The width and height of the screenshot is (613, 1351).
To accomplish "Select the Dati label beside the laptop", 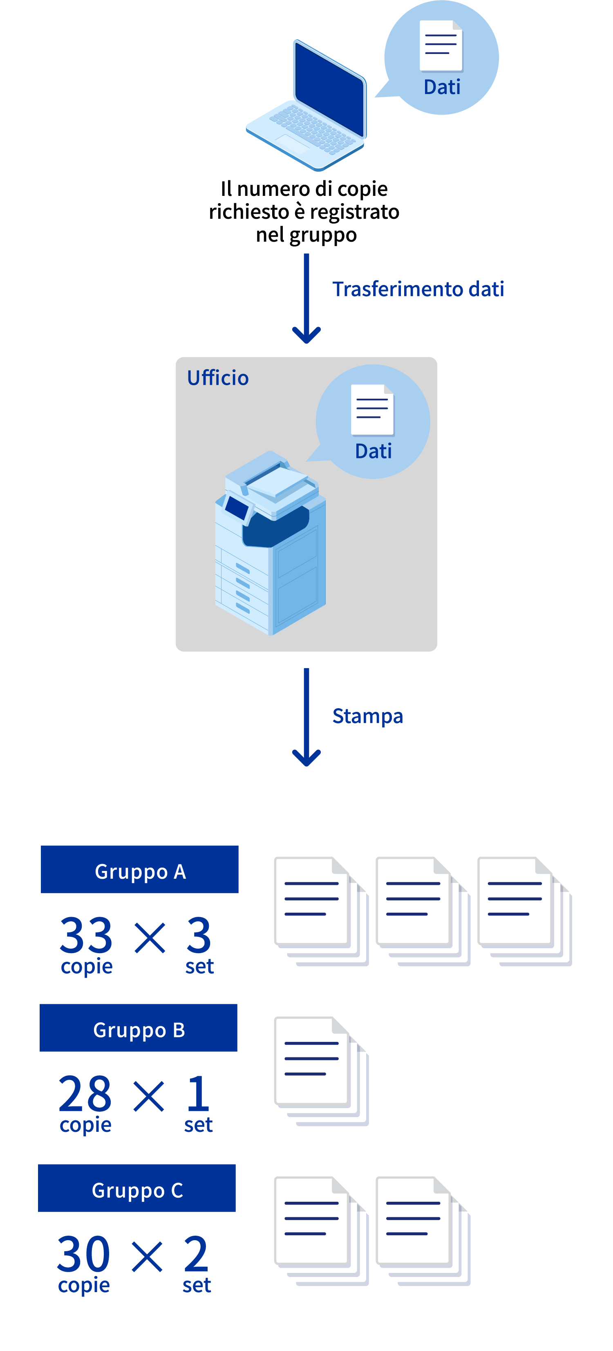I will [442, 87].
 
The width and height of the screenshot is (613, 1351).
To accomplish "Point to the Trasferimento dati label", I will [418, 289].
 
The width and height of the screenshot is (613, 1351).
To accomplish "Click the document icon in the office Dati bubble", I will [372, 410].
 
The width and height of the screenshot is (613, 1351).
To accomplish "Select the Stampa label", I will [367, 716].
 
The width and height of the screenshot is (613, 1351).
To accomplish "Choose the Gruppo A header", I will [139, 870].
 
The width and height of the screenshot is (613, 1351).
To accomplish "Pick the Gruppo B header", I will [139, 1028].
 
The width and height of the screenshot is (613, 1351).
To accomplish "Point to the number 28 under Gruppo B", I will [85, 1094].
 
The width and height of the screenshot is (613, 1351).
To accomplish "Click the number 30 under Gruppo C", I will [83, 1254].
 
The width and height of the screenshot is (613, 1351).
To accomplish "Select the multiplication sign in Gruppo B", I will [149, 1097].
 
